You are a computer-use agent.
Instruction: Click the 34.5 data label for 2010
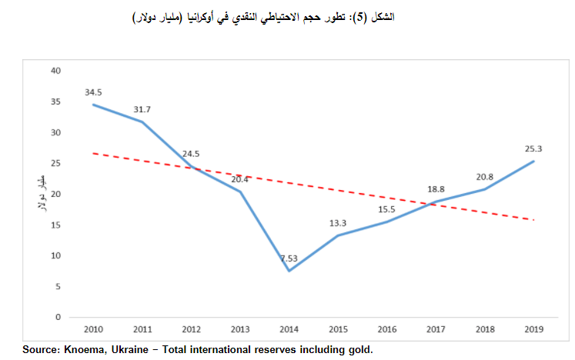[94, 92]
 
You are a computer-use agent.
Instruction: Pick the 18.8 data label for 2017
[436, 189]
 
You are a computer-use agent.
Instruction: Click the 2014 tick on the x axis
[289, 329]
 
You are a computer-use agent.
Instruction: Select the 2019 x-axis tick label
[533, 329]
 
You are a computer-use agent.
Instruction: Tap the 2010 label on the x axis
[94, 329]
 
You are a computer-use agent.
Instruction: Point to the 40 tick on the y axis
[55, 71]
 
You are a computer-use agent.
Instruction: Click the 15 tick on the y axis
[55, 225]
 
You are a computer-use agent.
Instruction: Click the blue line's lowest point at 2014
[289, 271]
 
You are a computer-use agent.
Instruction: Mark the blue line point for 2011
[142, 122]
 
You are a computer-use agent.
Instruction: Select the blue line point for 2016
[386, 222]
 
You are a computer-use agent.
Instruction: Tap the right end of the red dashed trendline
[533, 220]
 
